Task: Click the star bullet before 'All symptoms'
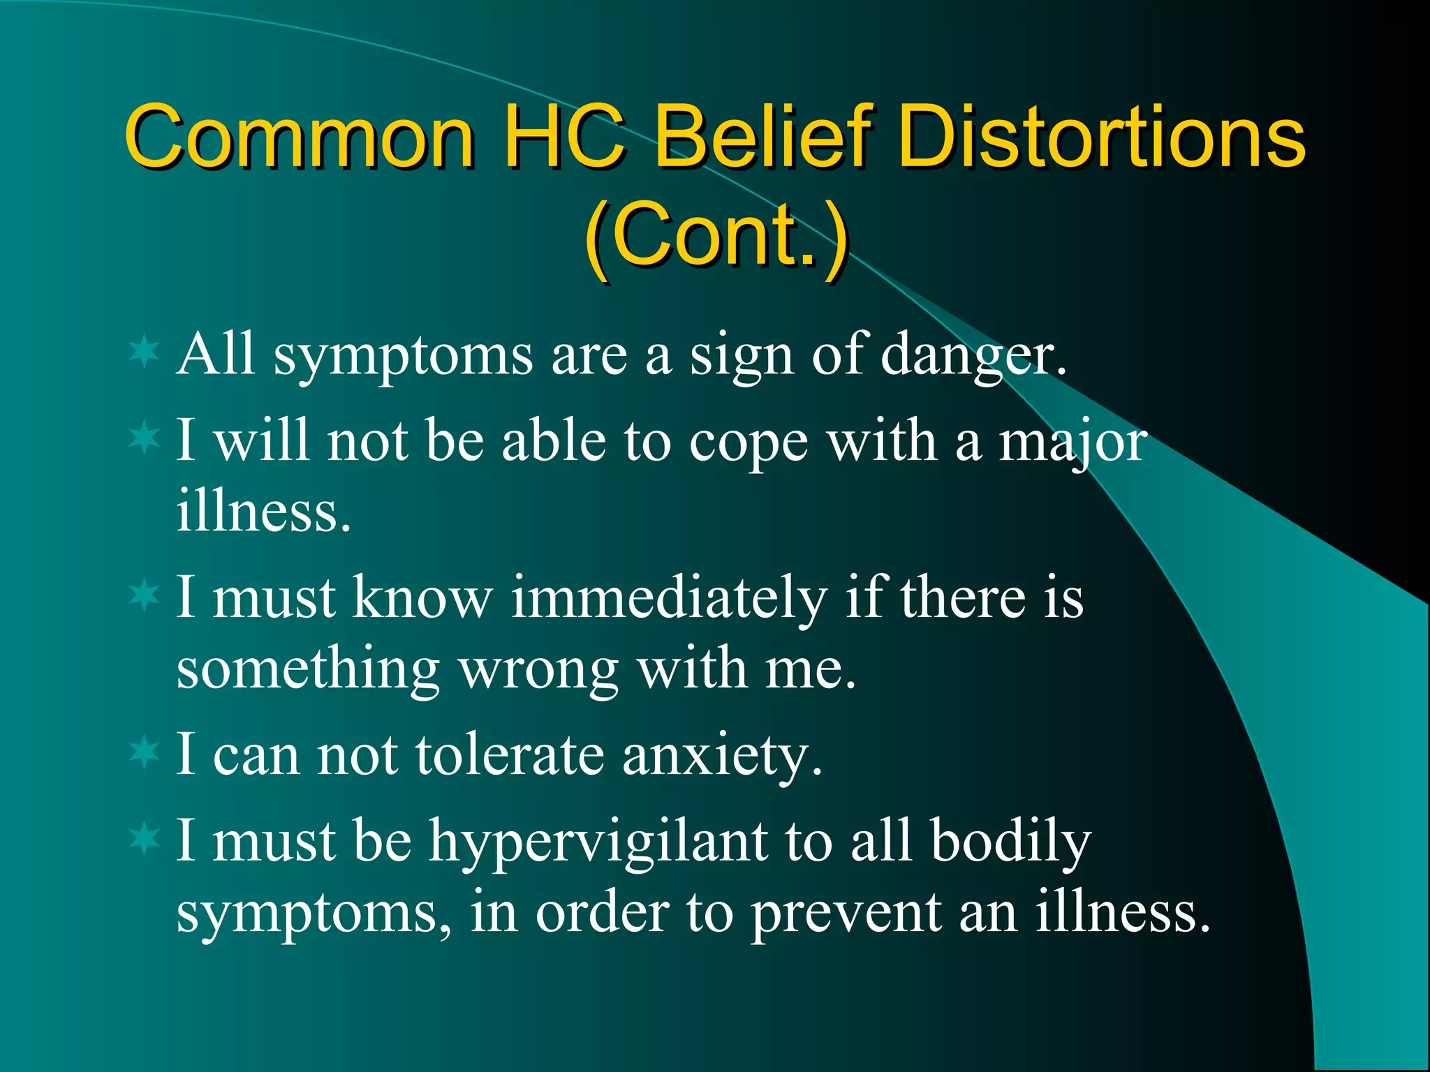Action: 145,352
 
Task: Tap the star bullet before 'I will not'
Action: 145,438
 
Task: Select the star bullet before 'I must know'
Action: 145,595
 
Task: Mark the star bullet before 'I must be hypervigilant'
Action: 145,838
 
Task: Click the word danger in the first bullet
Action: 973,356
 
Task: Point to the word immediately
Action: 668,599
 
